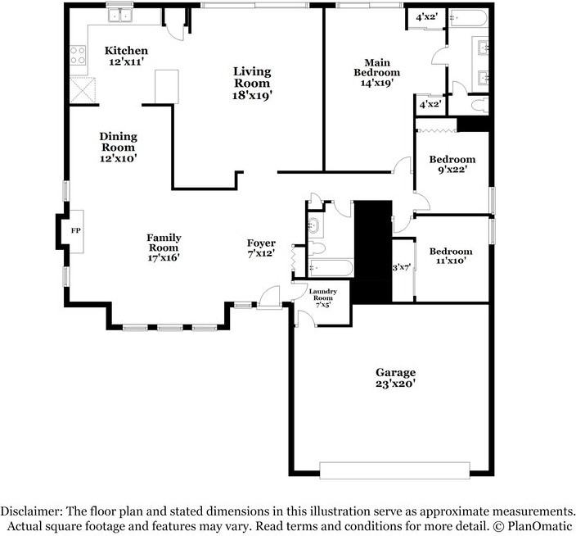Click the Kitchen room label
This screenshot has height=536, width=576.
(127, 51)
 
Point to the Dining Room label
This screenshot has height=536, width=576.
(119, 142)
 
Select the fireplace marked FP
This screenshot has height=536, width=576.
(75, 231)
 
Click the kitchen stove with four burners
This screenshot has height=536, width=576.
(79, 56)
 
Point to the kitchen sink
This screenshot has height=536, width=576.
(124, 15)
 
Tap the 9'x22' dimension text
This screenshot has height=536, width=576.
(452, 171)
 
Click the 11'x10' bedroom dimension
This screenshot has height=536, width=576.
(451, 262)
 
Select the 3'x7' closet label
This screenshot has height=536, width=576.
(400, 267)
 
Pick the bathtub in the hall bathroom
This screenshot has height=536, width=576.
(331, 267)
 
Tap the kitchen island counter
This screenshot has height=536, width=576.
(166, 85)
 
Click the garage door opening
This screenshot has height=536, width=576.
(394, 470)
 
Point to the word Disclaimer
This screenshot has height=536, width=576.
(32, 510)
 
